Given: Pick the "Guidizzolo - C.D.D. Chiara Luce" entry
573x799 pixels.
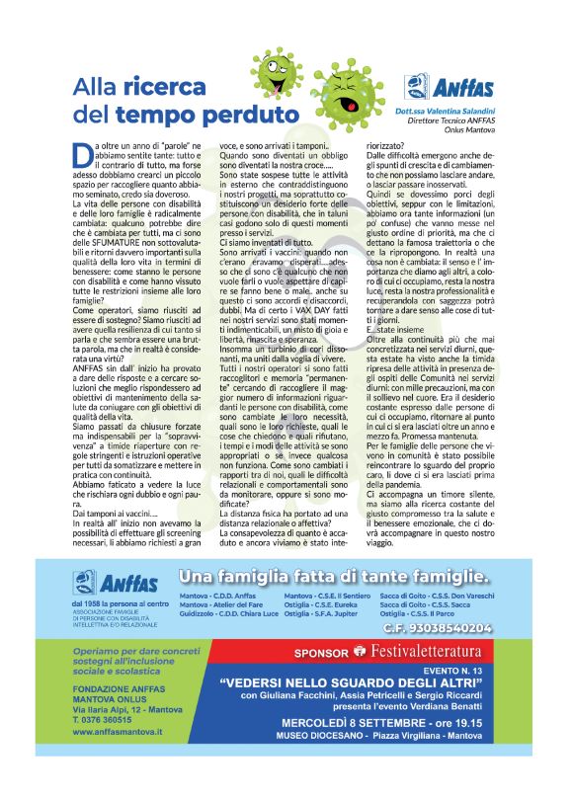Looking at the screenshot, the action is (x=226, y=613).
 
